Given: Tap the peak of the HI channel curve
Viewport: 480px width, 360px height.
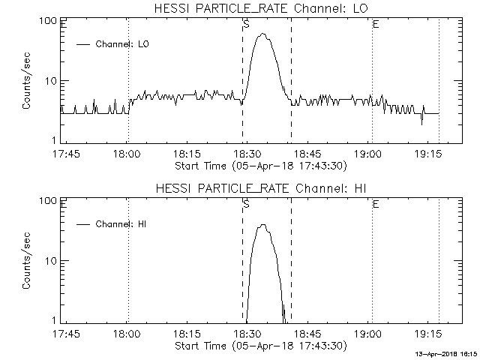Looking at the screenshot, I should (262, 225).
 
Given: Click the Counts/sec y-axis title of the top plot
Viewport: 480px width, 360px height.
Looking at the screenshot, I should (27, 81).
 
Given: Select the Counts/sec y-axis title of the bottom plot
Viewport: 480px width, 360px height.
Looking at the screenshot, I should (27, 261).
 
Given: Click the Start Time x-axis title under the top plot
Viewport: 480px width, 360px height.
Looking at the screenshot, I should (259, 166).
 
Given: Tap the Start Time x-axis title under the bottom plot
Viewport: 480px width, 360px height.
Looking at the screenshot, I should (259, 346).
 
